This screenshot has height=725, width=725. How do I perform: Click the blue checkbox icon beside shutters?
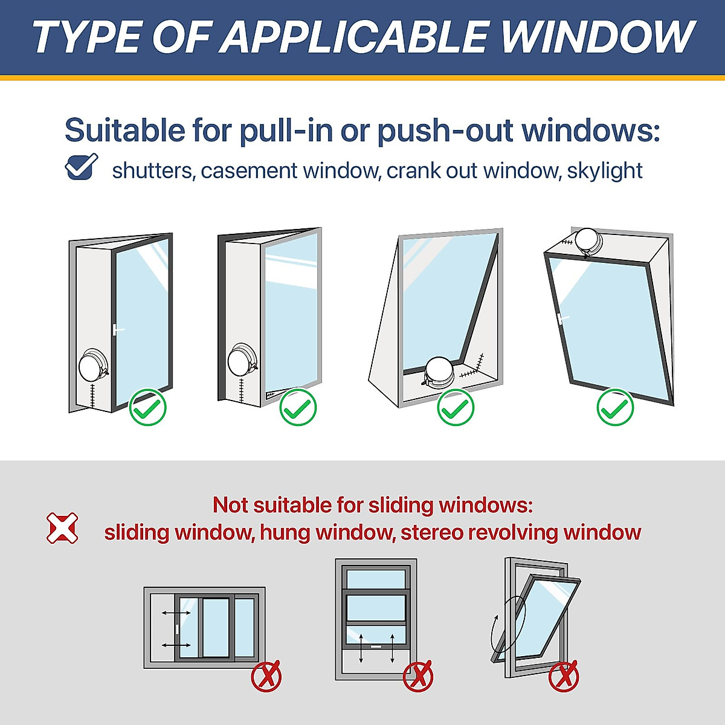(x=81, y=167)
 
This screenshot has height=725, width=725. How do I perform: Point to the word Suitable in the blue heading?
(x=124, y=130)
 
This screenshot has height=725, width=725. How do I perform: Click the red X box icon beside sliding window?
(x=62, y=527)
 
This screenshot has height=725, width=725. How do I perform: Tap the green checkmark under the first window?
(x=147, y=407)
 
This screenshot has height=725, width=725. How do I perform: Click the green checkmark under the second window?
(x=298, y=407)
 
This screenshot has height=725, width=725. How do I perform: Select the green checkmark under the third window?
(x=456, y=407)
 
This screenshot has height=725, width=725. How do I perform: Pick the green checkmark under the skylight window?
(x=615, y=407)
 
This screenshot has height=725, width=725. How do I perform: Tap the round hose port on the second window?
(x=242, y=361)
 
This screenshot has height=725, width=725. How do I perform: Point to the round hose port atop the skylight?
(x=587, y=240)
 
